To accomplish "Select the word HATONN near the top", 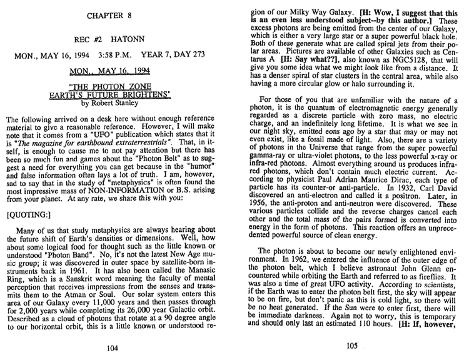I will tap(133, 37).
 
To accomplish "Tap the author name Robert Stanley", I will tap(126, 104).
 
